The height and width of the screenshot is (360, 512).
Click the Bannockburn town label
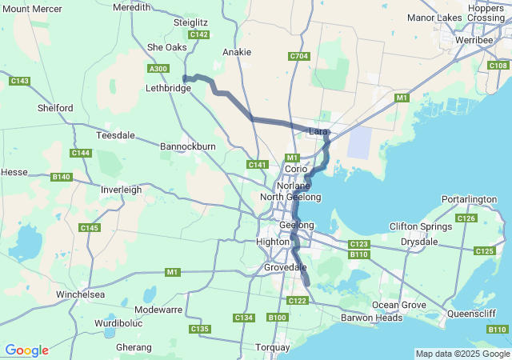pyautogui.click(x=188, y=147)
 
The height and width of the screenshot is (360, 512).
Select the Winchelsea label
pyautogui.click(x=80, y=294)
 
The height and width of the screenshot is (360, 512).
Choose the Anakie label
pyautogui.click(x=237, y=52)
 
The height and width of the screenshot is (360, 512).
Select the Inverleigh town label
pyautogui.click(x=121, y=190)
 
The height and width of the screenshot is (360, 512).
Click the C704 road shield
pyautogui.click(x=299, y=56)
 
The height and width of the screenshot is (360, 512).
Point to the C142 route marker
pyautogui.click(x=198, y=35)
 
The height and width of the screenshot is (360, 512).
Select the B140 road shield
pyautogui.click(x=61, y=177)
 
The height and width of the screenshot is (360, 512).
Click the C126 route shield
pyautogui.click(x=466, y=218)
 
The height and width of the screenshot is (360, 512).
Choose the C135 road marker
pyautogui.click(x=199, y=330)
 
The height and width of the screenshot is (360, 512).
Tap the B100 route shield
pyautogui.click(x=278, y=318)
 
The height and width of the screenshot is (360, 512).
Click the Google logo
pyautogui.click(x=26, y=350)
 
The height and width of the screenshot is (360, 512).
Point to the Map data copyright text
pyautogui.click(x=462, y=354)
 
